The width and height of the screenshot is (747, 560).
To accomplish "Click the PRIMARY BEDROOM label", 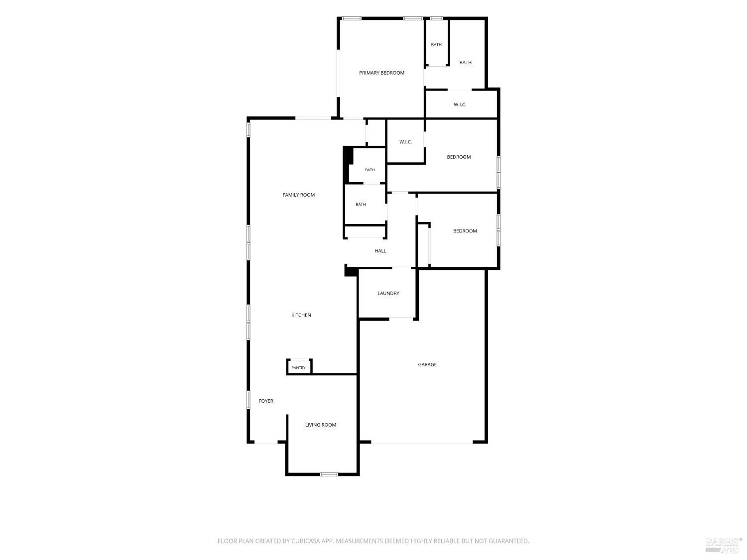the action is pyautogui.click(x=381, y=73).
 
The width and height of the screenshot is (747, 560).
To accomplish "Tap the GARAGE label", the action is pyautogui.click(x=427, y=364).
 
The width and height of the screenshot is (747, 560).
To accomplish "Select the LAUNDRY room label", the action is pyautogui.click(x=388, y=293).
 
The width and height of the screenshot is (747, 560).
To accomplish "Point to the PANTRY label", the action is pyautogui.click(x=298, y=367).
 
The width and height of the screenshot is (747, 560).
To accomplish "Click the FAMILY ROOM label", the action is pyautogui.click(x=298, y=195).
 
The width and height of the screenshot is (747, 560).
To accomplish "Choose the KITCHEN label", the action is pyautogui.click(x=301, y=315).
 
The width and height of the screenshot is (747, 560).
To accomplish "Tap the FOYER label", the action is pyautogui.click(x=266, y=401).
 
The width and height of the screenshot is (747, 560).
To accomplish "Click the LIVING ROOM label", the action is pyautogui.click(x=320, y=425).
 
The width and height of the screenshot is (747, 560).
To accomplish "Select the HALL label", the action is pyautogui.click(x=380, y=251).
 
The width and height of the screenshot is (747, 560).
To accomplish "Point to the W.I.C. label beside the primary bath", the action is pyautogui.click(x=460, y=105).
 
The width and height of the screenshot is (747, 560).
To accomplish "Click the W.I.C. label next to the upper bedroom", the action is pyautogui.click(x=405, y=142).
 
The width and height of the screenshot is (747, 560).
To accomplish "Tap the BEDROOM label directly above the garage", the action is pyautogui.click(x=465, y=231).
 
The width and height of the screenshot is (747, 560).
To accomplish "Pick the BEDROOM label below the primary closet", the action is pyautogui.click(x=459, y=157).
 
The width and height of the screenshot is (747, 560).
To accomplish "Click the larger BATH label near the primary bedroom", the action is pyautogui.click(x=465, y=63).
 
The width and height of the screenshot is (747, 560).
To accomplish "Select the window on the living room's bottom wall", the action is pyautogui.click(x=329, y=474).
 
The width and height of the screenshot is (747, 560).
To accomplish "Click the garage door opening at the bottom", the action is pyautogui.click(x=422, y=443).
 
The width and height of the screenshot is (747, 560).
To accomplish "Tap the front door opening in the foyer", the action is pyautogui.click(x=266, y=443).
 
